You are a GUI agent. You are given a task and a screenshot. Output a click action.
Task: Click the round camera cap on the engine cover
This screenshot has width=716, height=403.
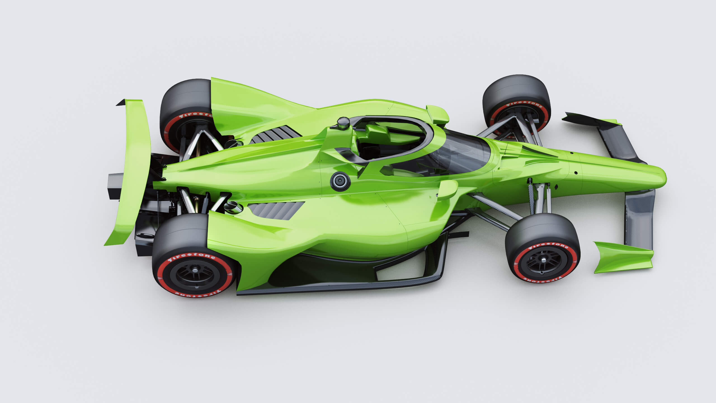coord(340,181)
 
